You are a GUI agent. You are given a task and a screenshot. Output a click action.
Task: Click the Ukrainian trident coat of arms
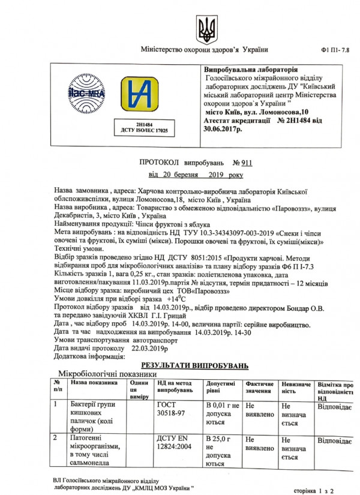(x=204, y=28)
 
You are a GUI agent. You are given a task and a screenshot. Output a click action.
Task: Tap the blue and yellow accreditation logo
(x=140, y=96)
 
